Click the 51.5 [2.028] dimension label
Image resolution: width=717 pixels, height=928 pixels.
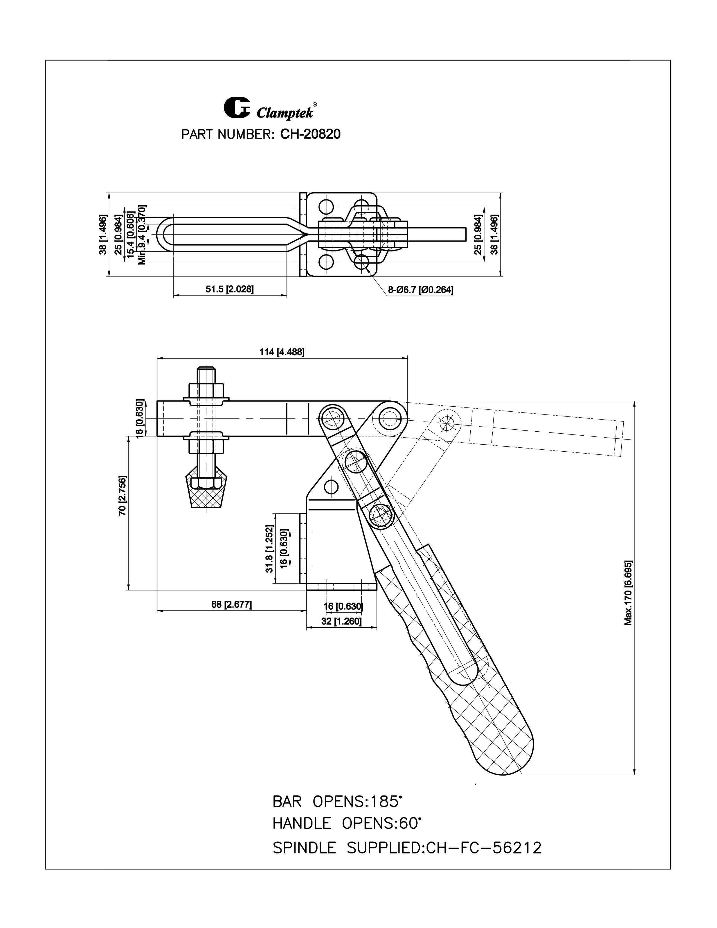point(230,289)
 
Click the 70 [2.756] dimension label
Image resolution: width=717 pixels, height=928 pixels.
point(122,495)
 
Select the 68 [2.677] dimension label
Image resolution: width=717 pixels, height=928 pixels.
point(231,604)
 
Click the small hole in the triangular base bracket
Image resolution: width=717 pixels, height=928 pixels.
point(331,486)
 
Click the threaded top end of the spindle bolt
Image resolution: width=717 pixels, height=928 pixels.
point(206,374)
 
